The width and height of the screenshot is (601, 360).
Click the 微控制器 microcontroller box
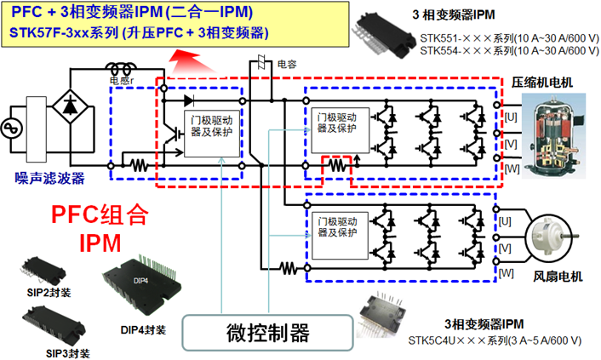266,330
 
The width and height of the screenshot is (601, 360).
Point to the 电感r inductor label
122,81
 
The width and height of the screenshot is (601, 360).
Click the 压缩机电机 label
542,82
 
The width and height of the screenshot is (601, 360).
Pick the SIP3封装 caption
66,351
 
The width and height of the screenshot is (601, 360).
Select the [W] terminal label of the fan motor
507,272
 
